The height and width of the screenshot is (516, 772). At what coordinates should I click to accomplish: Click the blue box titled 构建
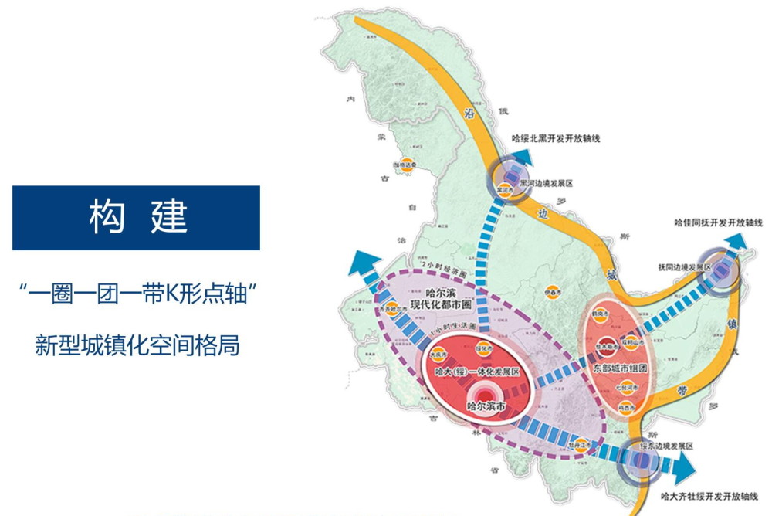[x=136, y=217]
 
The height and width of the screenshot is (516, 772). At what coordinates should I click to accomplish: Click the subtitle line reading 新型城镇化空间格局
[x=137, y=345]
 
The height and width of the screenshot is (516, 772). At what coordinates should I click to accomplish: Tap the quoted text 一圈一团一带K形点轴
[x=137, y=294]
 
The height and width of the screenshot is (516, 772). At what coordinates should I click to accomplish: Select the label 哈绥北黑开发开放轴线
[x=556, y=138]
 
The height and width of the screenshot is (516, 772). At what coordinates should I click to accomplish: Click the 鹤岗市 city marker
[x=616, y=315]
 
